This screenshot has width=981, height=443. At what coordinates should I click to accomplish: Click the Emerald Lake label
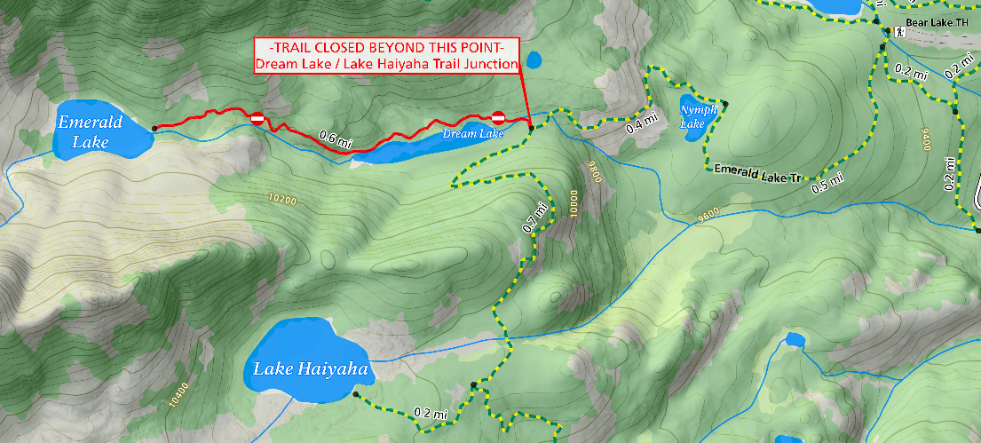(89, 131)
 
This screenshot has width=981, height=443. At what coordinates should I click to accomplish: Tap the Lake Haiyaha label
(309, 368)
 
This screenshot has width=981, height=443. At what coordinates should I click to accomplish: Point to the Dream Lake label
(472, 134)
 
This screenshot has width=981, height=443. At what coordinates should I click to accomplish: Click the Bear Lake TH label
(937, 22)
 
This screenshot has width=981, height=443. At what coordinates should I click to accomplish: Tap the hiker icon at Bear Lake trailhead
(899, 32)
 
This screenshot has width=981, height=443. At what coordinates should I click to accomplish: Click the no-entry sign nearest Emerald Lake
(257, 119)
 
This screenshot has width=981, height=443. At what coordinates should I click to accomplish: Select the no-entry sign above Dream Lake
(498, 117)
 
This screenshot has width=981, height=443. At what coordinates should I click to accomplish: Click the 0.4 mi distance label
(642, 123)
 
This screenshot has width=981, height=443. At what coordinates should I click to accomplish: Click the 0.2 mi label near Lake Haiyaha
(430, 414)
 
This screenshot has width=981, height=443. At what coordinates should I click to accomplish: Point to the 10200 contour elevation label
(281, 200)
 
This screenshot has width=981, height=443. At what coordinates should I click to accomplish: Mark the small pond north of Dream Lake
(533, 60)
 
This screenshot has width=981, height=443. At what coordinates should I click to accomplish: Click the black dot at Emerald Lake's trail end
(154, 128)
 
